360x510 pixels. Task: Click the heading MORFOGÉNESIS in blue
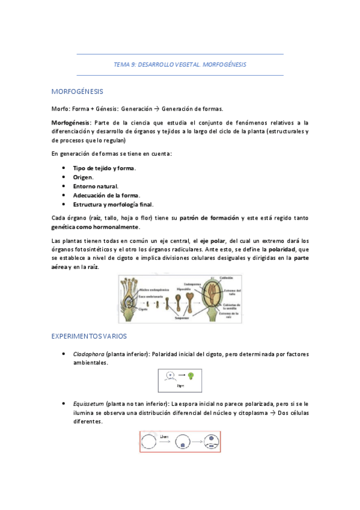[x=78, y=91]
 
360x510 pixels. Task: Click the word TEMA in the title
[x=121, y=64]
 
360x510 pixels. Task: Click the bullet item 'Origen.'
[x=83, y=177]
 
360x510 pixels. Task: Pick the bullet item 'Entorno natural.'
[x=96, y=186]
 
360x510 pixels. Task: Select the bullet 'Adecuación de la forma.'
[x=106, y=195]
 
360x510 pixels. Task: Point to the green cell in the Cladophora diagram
[x=192, y=375]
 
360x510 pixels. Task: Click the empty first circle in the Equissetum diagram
[x=150, y=443]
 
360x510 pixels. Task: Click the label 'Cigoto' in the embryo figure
[x=142, y=309]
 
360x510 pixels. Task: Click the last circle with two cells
[x=214, y=443]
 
